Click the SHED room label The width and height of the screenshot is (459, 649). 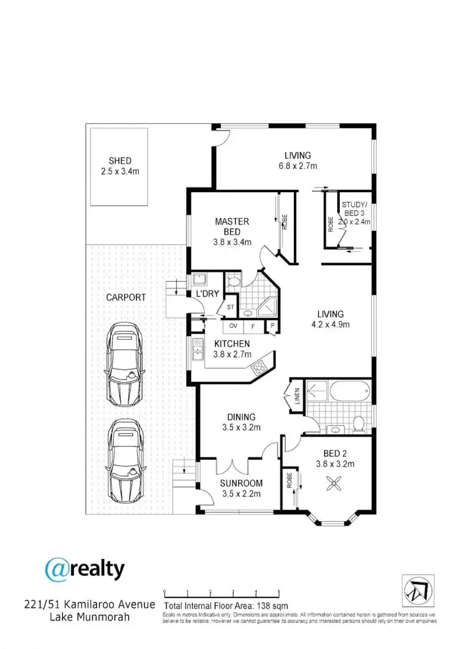point(120,161)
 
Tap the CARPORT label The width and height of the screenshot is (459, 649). point(125,298)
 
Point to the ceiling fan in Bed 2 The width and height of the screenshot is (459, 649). point(334,484)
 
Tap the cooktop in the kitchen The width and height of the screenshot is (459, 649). point(259,368)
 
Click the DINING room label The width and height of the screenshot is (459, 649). point(241,417)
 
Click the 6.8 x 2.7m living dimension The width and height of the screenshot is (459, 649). point(297,166)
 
